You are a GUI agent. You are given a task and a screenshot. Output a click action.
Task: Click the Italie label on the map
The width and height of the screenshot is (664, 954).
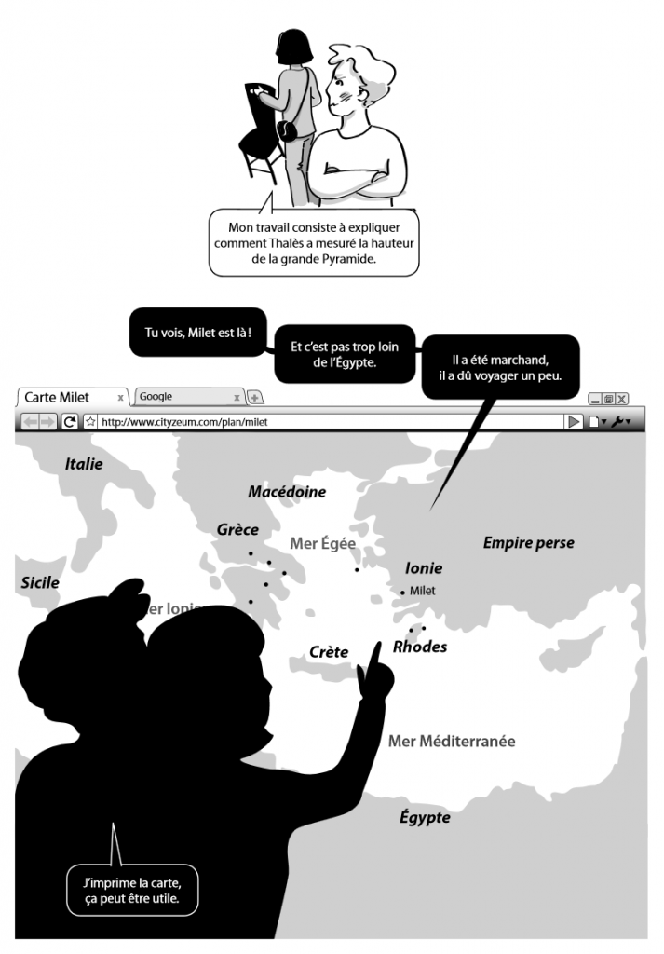[84, 464]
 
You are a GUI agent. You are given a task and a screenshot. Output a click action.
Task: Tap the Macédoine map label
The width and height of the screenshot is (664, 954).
[287, 492]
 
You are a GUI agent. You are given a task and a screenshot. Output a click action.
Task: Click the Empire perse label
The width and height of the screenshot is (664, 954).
[528, 543]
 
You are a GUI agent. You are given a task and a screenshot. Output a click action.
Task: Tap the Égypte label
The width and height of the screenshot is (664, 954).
[425, 817]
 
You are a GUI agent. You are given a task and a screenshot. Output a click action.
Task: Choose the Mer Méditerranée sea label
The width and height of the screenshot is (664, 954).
[451, 742]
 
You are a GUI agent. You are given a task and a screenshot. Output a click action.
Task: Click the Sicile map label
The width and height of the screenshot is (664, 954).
[40, 583]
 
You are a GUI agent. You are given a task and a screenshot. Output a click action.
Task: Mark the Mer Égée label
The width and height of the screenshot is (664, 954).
[323, 543]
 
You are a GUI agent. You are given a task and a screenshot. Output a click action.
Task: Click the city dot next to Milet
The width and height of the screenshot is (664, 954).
[402, 592]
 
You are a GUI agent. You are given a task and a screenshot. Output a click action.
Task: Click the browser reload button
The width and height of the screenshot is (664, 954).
[70, 421]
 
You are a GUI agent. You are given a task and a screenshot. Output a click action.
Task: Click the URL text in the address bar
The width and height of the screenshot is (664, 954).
[178, 421]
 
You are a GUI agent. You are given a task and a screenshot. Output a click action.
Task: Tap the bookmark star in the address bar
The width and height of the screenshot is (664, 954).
[91, 421]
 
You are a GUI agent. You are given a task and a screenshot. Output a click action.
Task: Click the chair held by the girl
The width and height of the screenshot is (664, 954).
[255, 130]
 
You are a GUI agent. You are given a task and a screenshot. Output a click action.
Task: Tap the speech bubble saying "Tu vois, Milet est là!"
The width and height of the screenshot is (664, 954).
[192, 333]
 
